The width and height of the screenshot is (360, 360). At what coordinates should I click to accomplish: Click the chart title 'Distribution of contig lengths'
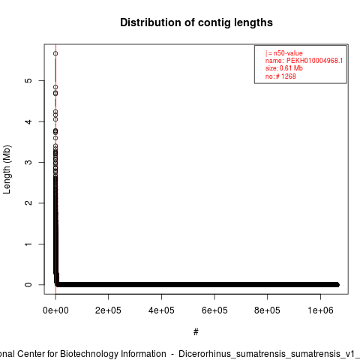coord(196,22)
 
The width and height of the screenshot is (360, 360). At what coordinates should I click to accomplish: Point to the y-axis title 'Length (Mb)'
coord(7,169)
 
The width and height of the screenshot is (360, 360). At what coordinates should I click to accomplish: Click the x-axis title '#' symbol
coord(196,332)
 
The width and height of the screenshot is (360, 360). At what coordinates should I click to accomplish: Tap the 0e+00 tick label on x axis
coord(55,310)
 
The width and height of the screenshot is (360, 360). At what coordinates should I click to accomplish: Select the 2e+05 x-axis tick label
coord(108,310)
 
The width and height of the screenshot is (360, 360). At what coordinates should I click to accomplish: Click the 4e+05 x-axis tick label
coord(161,310)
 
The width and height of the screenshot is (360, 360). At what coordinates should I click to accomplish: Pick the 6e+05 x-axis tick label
coord(214,310)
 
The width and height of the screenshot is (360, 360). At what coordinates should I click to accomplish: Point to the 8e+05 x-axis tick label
coord(267,310)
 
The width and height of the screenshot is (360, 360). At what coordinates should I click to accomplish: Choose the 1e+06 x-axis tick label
coord(320,310)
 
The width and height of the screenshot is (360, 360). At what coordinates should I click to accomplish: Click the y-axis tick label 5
coord(28,80)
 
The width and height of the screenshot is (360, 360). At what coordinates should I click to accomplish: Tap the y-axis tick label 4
coord(28,121)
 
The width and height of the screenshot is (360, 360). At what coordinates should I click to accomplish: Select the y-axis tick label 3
coord(28,162)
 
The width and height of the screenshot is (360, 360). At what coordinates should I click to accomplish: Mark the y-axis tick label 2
coord(28,203)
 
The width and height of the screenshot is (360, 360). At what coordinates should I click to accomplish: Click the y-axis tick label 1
coord(28,244)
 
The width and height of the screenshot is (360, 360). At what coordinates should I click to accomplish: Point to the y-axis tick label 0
coord(28,284)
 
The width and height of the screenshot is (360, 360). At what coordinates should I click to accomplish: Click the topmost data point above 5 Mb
coord(55,53)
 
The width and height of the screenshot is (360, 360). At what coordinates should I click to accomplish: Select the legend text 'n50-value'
coord(288,53)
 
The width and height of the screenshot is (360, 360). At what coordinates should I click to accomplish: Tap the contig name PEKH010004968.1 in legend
coord(314,61)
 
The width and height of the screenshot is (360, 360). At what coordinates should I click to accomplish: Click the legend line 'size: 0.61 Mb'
coord(284,68)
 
